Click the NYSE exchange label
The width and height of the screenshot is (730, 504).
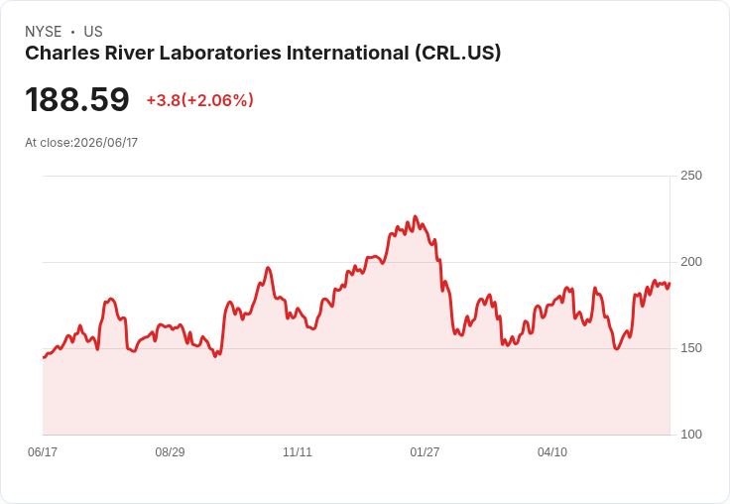tap(44, 32)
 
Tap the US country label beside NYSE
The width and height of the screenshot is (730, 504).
tap(93, 32)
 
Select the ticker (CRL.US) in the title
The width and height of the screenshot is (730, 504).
tap(458, 53)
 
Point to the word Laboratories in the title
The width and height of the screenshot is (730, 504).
tap(220, 53)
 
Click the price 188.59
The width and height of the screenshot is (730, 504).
tap(77, 99)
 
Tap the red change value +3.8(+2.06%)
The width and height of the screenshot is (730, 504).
tap(199, 100)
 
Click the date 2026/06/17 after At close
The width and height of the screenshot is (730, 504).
tap(106, 143)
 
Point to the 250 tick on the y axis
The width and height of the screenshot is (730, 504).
tap(691, 176)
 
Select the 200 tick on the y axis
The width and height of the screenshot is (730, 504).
tap(691, 262)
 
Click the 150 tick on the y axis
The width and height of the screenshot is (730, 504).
tap(691, 348)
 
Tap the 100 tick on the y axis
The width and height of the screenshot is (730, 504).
tap(691, 435)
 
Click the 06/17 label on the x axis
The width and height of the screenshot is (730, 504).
tap(43, 451)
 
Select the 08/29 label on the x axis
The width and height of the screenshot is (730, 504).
tap(170, 451)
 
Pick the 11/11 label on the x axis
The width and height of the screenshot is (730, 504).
tap(298, 451)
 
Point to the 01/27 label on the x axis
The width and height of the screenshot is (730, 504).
tap(425, 451)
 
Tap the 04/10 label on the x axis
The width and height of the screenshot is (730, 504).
tap(552, 451)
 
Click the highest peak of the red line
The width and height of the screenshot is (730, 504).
tap(416, 216)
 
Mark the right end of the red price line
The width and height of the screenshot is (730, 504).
tap(669, 283)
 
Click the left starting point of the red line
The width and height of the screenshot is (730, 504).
tap(44, 357)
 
